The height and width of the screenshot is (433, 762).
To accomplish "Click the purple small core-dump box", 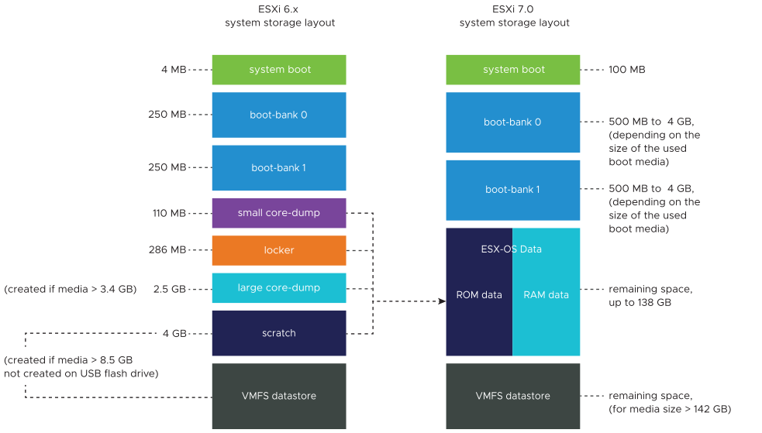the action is pyautogui.click(x=279, y=212).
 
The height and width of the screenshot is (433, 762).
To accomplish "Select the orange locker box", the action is pyautogui.click(x=279, y=250).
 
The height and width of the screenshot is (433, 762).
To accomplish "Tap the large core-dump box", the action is pyautogui.click(x=279, y=288).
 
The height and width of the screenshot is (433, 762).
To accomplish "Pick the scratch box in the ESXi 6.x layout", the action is pyautogui.click(x=279, y=333).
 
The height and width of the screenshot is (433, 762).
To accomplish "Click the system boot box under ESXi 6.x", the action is pyautogui.click(x=279, y=70).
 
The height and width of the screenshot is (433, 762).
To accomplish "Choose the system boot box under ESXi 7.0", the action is pyautogui.click(x=512, y=70).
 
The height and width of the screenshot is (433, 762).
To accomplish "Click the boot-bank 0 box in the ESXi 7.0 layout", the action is pyautogui.click(x=512, y=122).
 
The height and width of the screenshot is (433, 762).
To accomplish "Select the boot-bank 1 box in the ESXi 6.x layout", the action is pyautogui.click(x=279, y=168).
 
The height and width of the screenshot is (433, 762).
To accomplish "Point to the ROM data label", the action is pyautogui.click(x=479, y=294).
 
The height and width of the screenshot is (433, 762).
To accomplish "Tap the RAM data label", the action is pyautogui.click(x=546, y=294).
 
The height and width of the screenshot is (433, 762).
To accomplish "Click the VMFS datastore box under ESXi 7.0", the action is pyautogui.click(x=512, y=396).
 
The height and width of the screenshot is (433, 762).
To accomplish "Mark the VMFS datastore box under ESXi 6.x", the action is pyautogui.click(x=279, y=396).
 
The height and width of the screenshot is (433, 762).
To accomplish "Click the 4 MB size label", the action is pyautogui.click(x=174, y=70).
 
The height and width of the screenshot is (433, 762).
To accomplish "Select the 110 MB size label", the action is pyautogui.click(x=169, y=213).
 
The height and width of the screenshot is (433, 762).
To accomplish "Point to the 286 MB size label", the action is pyautogui.click(x=167, y=250).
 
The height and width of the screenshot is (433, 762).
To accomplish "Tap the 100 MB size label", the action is pyautogui.click(x=627, y=70).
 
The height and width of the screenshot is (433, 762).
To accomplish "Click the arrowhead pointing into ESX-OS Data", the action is pyautogui.click(x=442, y=301).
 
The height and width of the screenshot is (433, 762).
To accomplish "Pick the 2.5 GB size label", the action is pyautogui.click(x=170, y=289).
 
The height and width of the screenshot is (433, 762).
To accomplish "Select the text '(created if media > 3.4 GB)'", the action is pyautogui.click(x=70, y=290).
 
